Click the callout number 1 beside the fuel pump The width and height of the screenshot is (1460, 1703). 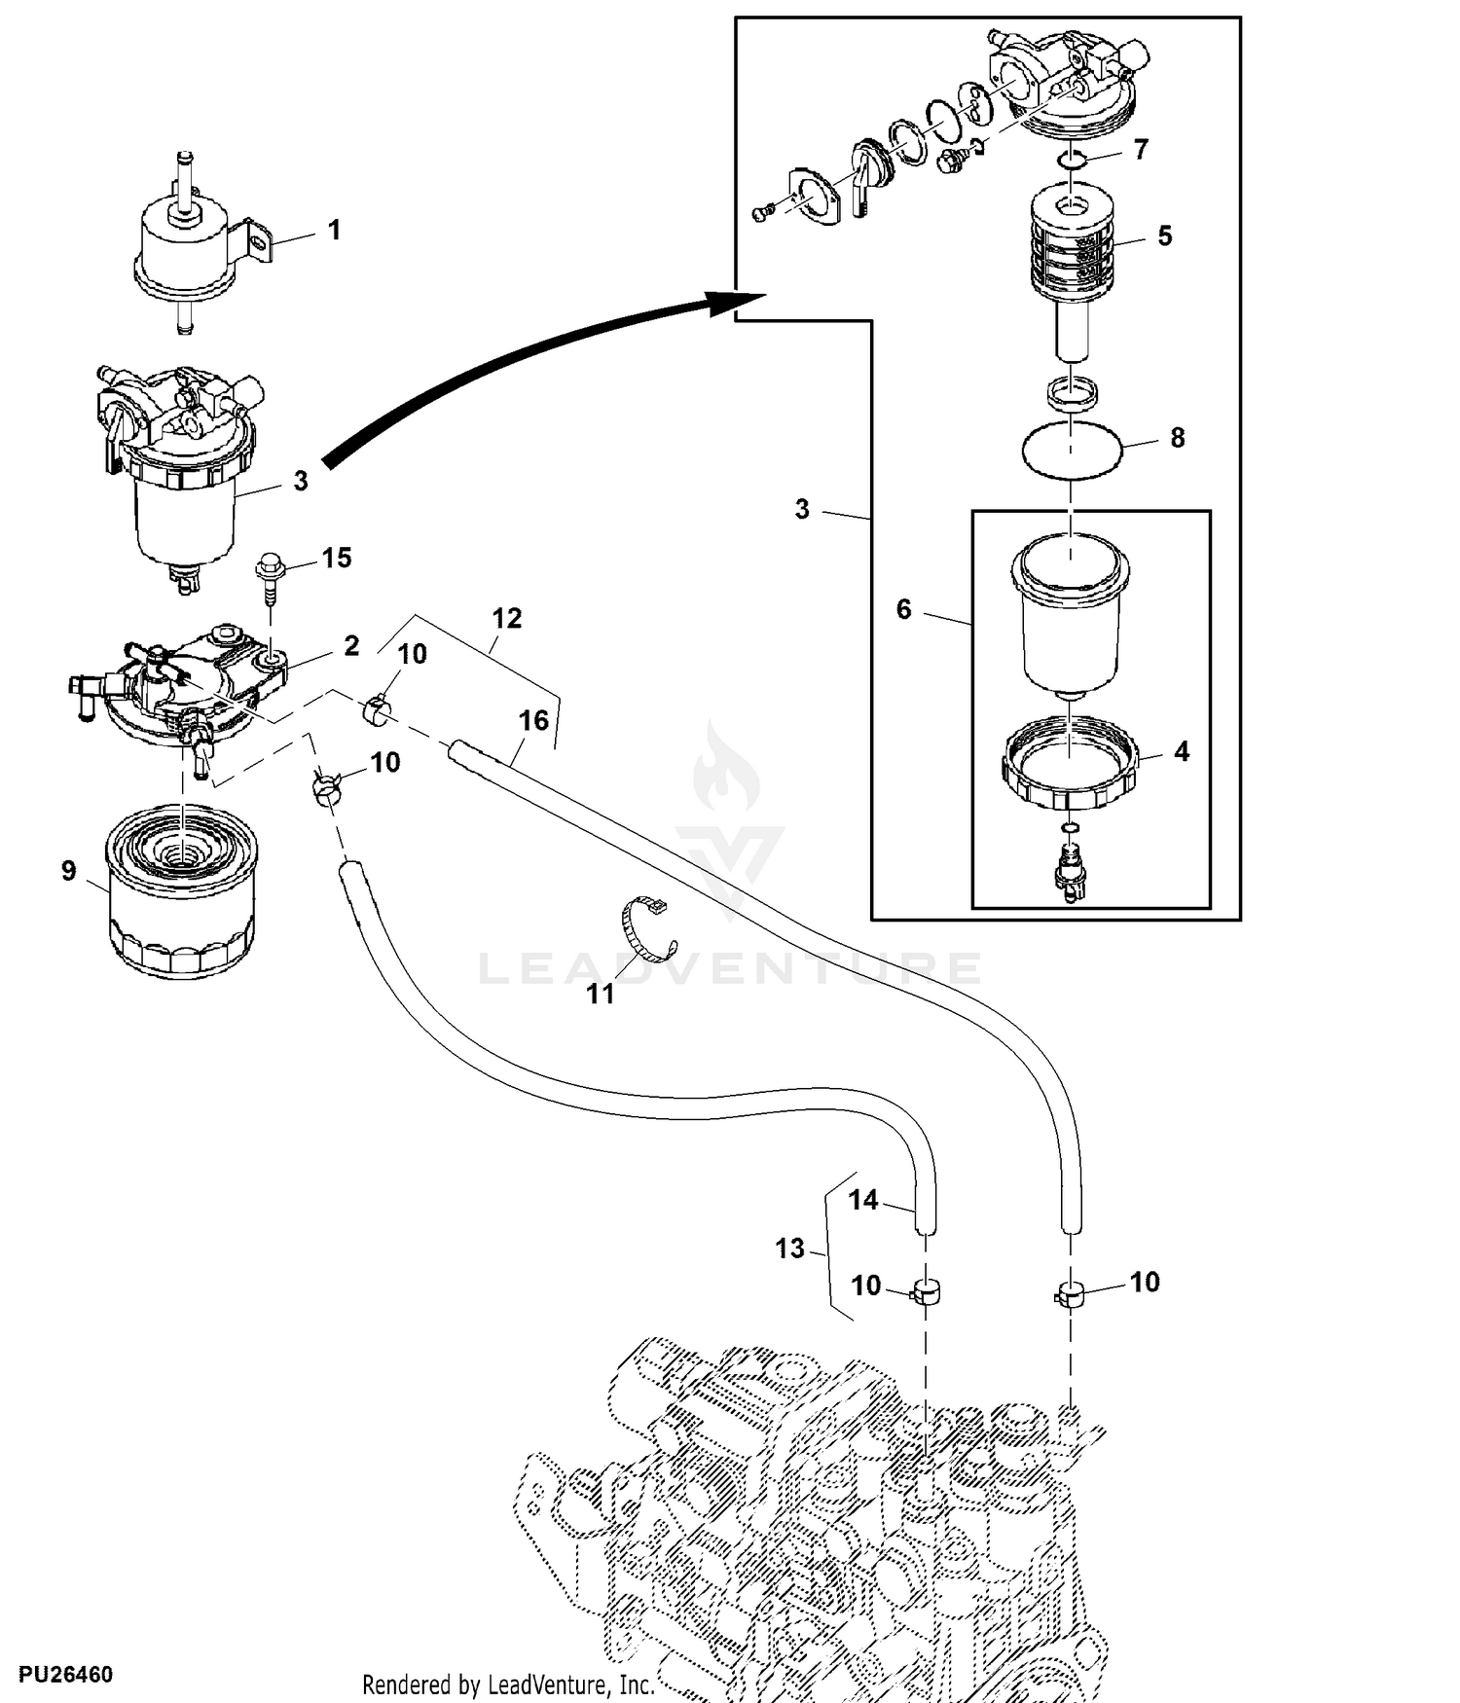(x=334, y=231)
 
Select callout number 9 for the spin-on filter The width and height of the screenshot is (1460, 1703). (x=68, y=870)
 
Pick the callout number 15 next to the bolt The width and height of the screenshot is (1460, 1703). (x=336, y=558)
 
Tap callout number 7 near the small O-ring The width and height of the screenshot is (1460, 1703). (x=1141, y=149)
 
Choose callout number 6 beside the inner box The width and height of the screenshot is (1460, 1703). (x=903, y=609)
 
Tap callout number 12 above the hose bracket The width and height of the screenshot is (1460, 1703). (x=506, y=618)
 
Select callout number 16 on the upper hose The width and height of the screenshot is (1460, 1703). (x=533, y=720)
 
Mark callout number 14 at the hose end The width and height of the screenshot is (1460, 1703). (x=862, y=1200)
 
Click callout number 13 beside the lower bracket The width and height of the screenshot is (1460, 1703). (x=789, y=1248)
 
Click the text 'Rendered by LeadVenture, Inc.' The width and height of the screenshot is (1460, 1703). (x=507, y=1685)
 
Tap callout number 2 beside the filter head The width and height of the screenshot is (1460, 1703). (x=351, y=645)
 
